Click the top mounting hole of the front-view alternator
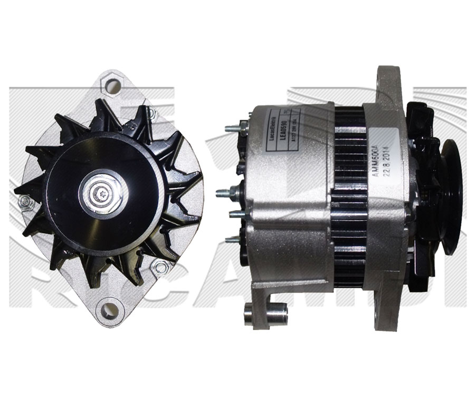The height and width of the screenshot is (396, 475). pos(110,84)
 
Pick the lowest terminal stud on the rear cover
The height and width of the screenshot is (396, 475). pos(232,240)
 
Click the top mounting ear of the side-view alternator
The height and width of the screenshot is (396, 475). pos(388,84)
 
